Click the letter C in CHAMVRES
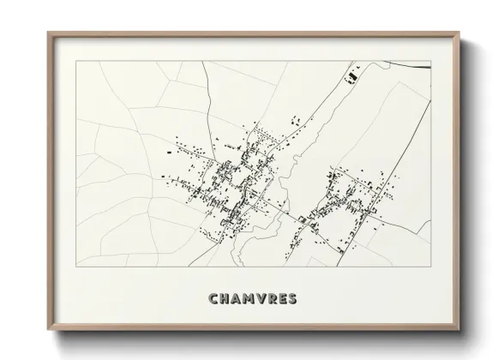point(213,299)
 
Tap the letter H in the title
point(225,299)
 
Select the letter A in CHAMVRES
point(237,299)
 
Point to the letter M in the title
point(250,299)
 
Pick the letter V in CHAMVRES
point(263,299)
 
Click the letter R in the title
point(274,299)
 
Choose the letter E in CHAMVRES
point(285,299)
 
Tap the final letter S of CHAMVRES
point(295,299)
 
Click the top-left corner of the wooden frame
point(48,32)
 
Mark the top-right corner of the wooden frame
point(460,32)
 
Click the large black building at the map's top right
point(349,80)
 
